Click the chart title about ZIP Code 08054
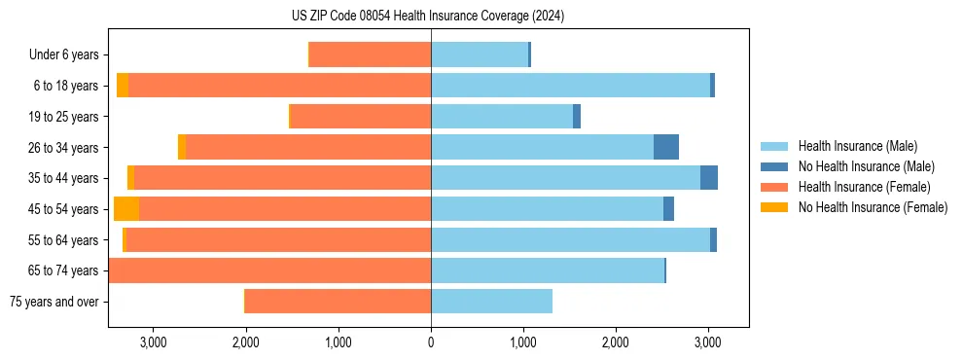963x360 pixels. pos(427,16)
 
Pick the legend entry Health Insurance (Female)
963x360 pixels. pos(857,187)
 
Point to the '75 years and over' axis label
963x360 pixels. pos(53,302)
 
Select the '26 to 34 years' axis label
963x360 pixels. pos(64,147)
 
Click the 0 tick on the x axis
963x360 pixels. pos(431,342)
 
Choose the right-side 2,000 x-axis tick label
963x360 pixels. pos(616,342)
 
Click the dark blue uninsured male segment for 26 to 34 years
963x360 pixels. pos(666,147)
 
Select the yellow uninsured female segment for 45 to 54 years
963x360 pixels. pos(126,208)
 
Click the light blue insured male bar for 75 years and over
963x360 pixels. pos(491,302)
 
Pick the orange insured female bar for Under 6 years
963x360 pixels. pos(371,54)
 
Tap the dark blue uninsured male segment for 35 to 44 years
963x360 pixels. pos(709,178)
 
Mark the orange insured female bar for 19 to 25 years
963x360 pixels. pos(361,116)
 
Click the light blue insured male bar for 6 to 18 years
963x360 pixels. pos(570,86)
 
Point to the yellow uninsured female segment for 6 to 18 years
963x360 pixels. pos(123,86)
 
